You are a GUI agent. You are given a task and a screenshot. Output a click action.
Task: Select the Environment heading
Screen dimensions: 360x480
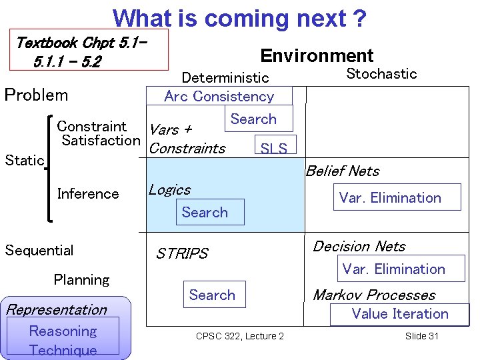pos(317,56)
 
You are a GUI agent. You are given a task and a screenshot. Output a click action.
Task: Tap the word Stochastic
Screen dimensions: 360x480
pos(381,74)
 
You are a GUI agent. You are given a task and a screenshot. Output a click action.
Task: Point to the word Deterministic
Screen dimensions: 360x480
pos(225,79)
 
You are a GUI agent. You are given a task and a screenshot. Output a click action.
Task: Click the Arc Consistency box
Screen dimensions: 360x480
pos(219,96)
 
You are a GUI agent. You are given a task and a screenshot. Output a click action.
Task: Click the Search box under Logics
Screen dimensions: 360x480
pos(205,213)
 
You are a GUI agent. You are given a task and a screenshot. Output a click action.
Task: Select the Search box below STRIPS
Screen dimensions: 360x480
pos(212,295)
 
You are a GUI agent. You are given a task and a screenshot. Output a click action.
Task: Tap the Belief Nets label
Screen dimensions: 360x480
pos(342,171)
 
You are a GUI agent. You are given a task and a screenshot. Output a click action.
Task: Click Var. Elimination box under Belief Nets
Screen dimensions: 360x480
pos(390,198)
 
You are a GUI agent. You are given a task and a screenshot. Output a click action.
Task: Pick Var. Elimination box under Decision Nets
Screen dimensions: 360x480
pos(393,269)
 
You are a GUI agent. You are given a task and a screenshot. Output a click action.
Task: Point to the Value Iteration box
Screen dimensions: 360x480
pos(400,314)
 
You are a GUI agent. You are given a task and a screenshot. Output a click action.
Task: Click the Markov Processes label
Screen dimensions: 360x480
pos(374,295)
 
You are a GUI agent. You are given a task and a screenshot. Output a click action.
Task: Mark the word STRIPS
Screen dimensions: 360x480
pos(182,254)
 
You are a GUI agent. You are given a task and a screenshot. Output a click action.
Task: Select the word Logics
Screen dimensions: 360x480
pos(169,190)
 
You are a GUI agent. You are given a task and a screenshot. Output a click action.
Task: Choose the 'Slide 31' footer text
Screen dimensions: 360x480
pos(421,336)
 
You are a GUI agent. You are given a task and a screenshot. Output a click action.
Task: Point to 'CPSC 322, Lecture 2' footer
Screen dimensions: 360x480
pos(239,336)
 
